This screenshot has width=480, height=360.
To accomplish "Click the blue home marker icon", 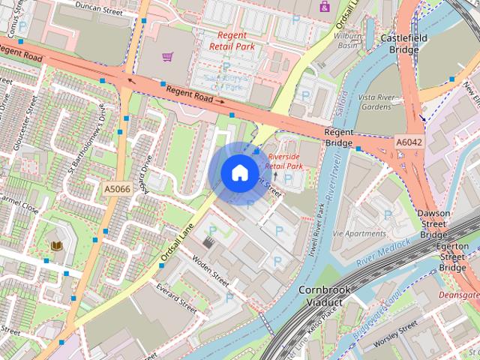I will coord(238,173).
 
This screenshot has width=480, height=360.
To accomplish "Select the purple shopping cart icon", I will coord(168,57).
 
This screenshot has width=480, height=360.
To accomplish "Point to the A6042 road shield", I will coord(409,141).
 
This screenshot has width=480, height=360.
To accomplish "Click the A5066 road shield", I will coord(118,189).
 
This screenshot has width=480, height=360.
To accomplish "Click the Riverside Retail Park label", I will coord(285,161).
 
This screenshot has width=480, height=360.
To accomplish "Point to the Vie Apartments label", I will coord(358,234).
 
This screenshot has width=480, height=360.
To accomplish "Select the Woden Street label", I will coord(210,269).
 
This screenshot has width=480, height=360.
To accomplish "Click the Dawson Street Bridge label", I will coord(433,224).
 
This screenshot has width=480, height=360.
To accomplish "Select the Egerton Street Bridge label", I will coord(453,256).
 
